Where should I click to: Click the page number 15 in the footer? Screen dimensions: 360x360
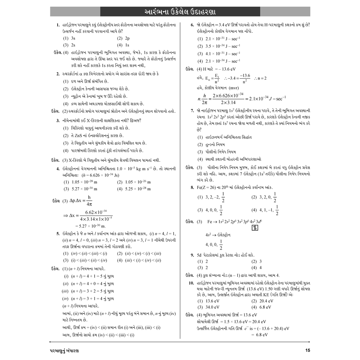308,351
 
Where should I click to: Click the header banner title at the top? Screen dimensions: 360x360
180,12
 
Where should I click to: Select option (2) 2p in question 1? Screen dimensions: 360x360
123,38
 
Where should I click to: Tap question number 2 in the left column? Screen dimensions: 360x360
58,74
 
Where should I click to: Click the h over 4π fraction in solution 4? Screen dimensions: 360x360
89,200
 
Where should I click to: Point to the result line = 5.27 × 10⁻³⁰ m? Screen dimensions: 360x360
90,226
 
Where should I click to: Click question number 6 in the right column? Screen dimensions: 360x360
192,25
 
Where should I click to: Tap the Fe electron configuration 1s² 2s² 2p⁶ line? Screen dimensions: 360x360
237,222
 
